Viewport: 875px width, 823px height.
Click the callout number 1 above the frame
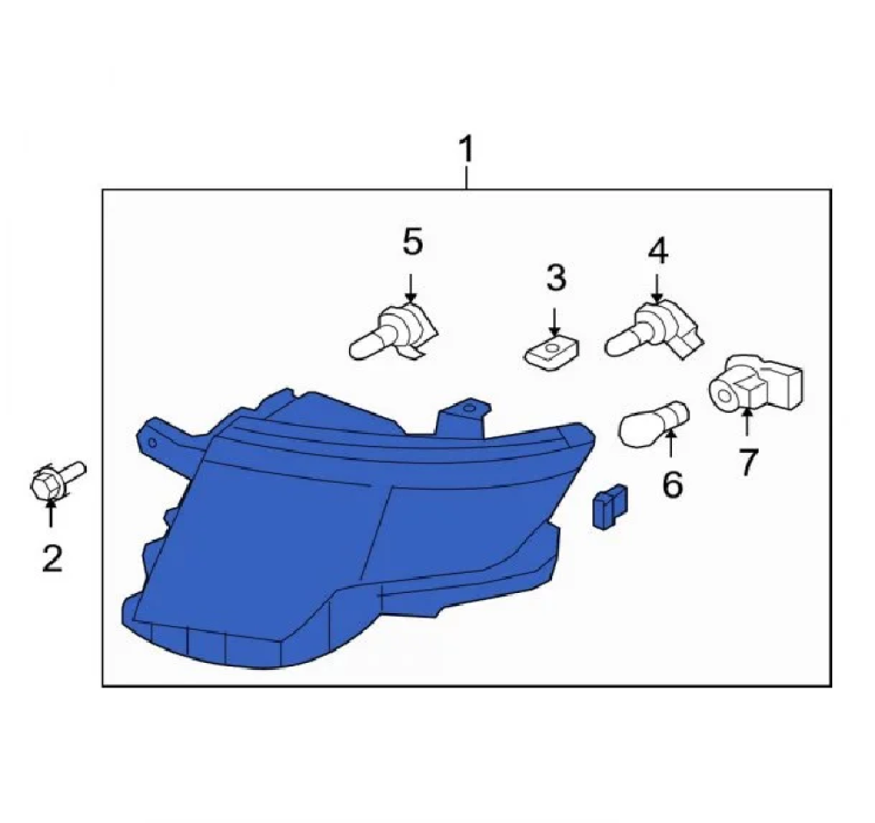(466, 149)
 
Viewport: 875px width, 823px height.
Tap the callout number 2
(52, 558)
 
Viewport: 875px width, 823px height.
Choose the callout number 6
(672, 484)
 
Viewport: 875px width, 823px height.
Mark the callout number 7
(747, 463)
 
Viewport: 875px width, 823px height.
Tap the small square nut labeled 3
(551, 352)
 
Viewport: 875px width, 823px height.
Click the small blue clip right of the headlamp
(609, 506)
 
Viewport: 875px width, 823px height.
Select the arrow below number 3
(554, 322)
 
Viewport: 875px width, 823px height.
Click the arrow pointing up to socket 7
(746, 422)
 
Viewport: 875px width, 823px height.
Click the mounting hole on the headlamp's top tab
(468, 408)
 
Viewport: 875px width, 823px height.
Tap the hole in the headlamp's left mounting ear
(151, 443)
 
